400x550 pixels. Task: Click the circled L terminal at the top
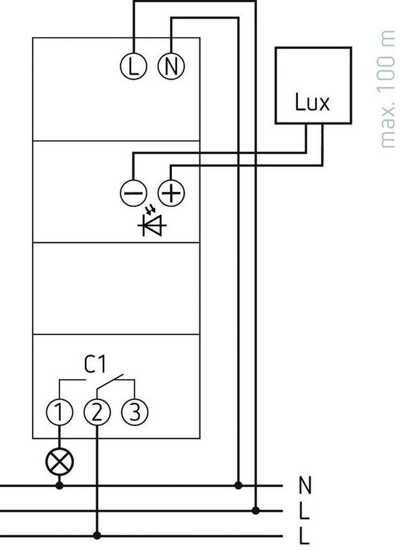point(133,66)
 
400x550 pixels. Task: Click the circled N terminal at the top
point(170,66)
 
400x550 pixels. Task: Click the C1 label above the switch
point(94,366)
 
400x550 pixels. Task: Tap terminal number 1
point(59,412)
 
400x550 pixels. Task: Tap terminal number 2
point(97,412)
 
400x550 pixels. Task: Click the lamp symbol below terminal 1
point(59,461)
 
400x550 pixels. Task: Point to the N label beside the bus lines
point(304,486)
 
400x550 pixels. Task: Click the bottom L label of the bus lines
point(304,536)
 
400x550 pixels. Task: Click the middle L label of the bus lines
point(304,511)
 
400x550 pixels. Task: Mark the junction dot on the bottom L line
point(97,535)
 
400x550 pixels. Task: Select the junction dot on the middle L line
point(256,510)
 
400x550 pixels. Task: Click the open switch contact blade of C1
point(111,381)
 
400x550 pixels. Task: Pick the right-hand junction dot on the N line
point(238,486)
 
